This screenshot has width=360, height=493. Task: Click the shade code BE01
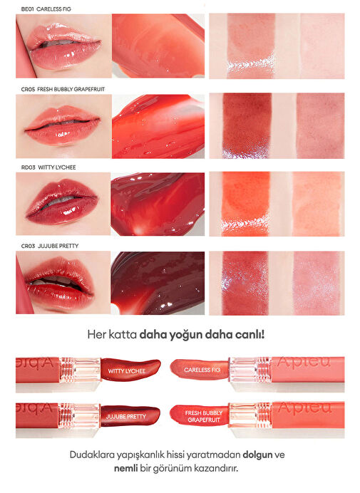tap(27, 9)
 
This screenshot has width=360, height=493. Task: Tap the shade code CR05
tap(28, 89)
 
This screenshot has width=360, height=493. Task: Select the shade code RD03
tap(28, 167)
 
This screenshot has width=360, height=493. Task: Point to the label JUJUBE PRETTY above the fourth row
tap(58, 246)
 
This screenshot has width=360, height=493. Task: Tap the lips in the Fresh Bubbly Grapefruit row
tap(63, 125)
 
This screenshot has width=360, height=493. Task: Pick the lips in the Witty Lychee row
tap(62, 201)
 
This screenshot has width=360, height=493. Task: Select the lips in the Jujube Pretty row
tap(59, 281)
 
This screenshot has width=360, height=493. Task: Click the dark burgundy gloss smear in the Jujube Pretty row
tap(158, 283)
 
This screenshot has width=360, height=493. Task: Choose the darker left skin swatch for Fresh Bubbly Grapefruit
tap(247, 125)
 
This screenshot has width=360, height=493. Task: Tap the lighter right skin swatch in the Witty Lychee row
tap(317, 204)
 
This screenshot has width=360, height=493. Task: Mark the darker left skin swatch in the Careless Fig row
tap(251, 46)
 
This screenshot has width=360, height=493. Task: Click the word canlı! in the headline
tap(250, 335)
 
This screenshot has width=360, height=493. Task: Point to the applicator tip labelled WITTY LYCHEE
tap(130, 370)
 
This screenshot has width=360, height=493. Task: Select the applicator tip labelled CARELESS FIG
tap(199, 370)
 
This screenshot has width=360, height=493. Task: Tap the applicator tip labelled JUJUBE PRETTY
tap(130, 415)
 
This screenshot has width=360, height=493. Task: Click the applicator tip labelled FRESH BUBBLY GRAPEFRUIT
tap(199, 415)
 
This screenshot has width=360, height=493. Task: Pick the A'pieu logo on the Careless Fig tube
tap(304, 362)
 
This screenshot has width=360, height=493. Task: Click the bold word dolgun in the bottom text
tap(257, 455)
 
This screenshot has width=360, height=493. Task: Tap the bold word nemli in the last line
tap(126, 469)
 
